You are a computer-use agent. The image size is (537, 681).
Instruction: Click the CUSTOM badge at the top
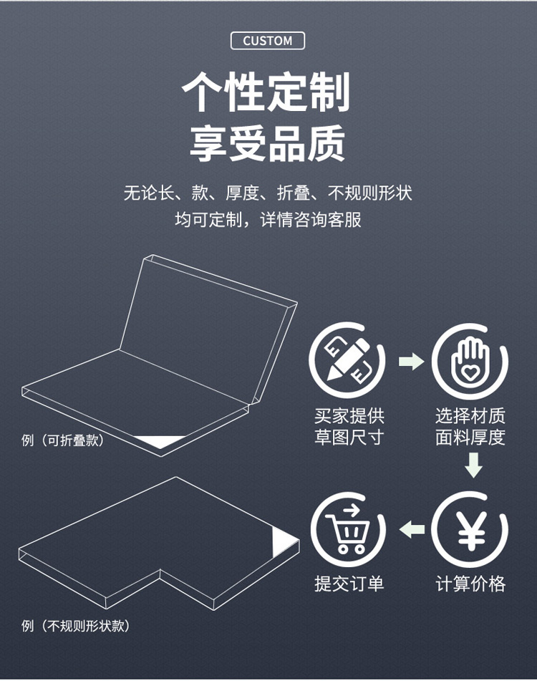coord(267,41)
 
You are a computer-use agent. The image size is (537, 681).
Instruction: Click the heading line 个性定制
coord(266,92)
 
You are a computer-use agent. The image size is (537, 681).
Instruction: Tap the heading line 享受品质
coord(267,143)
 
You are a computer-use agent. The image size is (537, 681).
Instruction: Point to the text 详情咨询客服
coord(311,220)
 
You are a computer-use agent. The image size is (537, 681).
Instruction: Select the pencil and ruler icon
coord(347,360)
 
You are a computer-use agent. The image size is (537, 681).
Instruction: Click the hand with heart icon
coord(470,361)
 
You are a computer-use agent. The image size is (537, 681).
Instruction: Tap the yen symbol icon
coord(470,529)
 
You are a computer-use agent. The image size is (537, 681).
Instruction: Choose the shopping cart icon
coord(348,529)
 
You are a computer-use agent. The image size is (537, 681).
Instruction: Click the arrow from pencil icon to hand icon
coord(411,361)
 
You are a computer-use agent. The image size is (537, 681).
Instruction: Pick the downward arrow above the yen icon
coord(473,465)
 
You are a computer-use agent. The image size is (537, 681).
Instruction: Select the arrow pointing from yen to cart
coord(412,529)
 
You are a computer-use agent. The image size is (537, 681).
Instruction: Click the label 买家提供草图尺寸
coord(349,427)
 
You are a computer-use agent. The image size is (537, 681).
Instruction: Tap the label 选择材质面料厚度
coord(470,427)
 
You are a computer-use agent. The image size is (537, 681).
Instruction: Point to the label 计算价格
coord(470,584)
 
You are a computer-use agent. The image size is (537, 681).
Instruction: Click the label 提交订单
coord(349,584)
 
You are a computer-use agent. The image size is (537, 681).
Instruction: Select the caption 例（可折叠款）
coord(63,440)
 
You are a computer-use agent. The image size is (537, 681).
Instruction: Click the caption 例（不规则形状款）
coord(75,626)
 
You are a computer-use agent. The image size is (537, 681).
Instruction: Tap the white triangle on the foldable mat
coord(159,441)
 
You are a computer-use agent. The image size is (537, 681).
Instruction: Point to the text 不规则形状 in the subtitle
coord(370,193)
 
